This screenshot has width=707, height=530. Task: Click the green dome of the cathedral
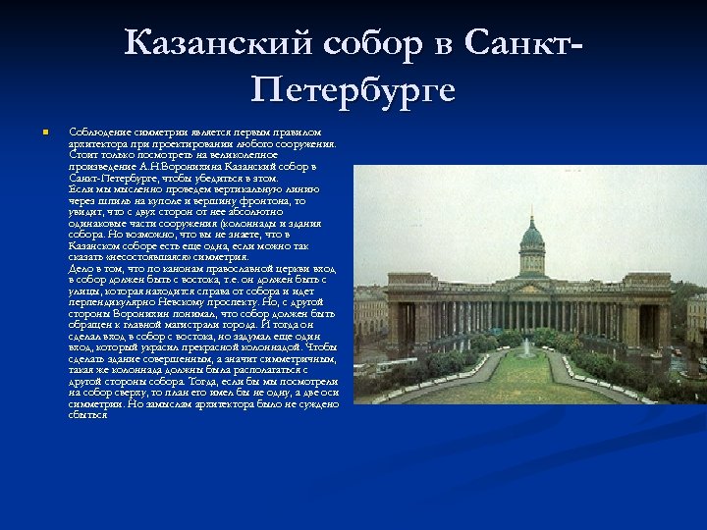(532, 237)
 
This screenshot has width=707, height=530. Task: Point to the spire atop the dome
(532, 209)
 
